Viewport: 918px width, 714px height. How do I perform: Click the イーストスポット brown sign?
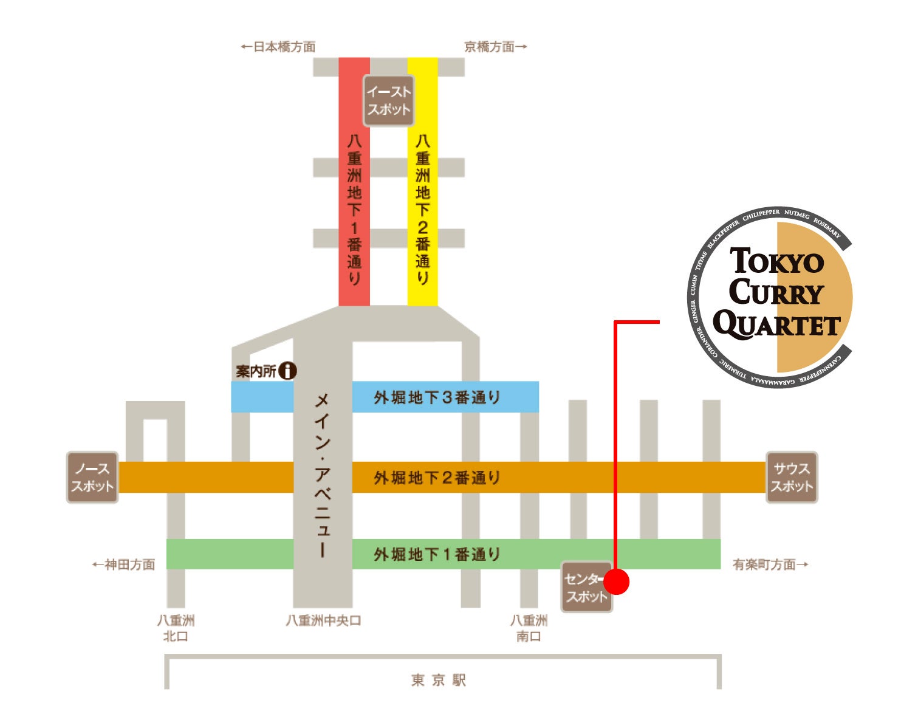(388, 100)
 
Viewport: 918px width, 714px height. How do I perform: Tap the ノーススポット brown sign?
(92, 477)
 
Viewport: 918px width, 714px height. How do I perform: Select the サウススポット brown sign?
(791, 477)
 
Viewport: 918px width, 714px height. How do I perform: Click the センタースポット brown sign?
(586, 587)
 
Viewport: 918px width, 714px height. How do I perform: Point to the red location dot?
(617, 582)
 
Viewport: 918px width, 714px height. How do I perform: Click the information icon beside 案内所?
(287, 371)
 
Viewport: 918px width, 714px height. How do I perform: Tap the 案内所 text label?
(256, 371)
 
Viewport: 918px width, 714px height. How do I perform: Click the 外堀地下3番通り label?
(437, 397)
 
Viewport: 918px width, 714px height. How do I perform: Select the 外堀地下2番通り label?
(437, 478)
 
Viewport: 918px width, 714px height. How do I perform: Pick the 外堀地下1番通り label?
(437, 554)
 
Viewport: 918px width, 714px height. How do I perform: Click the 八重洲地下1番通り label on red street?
(354, 210)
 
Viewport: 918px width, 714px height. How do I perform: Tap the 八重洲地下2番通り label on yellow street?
(422, 210)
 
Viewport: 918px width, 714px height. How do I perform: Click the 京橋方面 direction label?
(495, 47)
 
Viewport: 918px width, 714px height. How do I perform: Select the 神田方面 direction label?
(124, 565)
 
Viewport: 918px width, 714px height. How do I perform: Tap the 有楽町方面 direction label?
(770, 565)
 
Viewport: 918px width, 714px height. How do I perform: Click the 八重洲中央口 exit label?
(323, 620)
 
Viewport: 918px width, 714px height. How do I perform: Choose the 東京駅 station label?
(438, 680)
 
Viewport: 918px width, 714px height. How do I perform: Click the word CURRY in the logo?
(776, 292)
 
